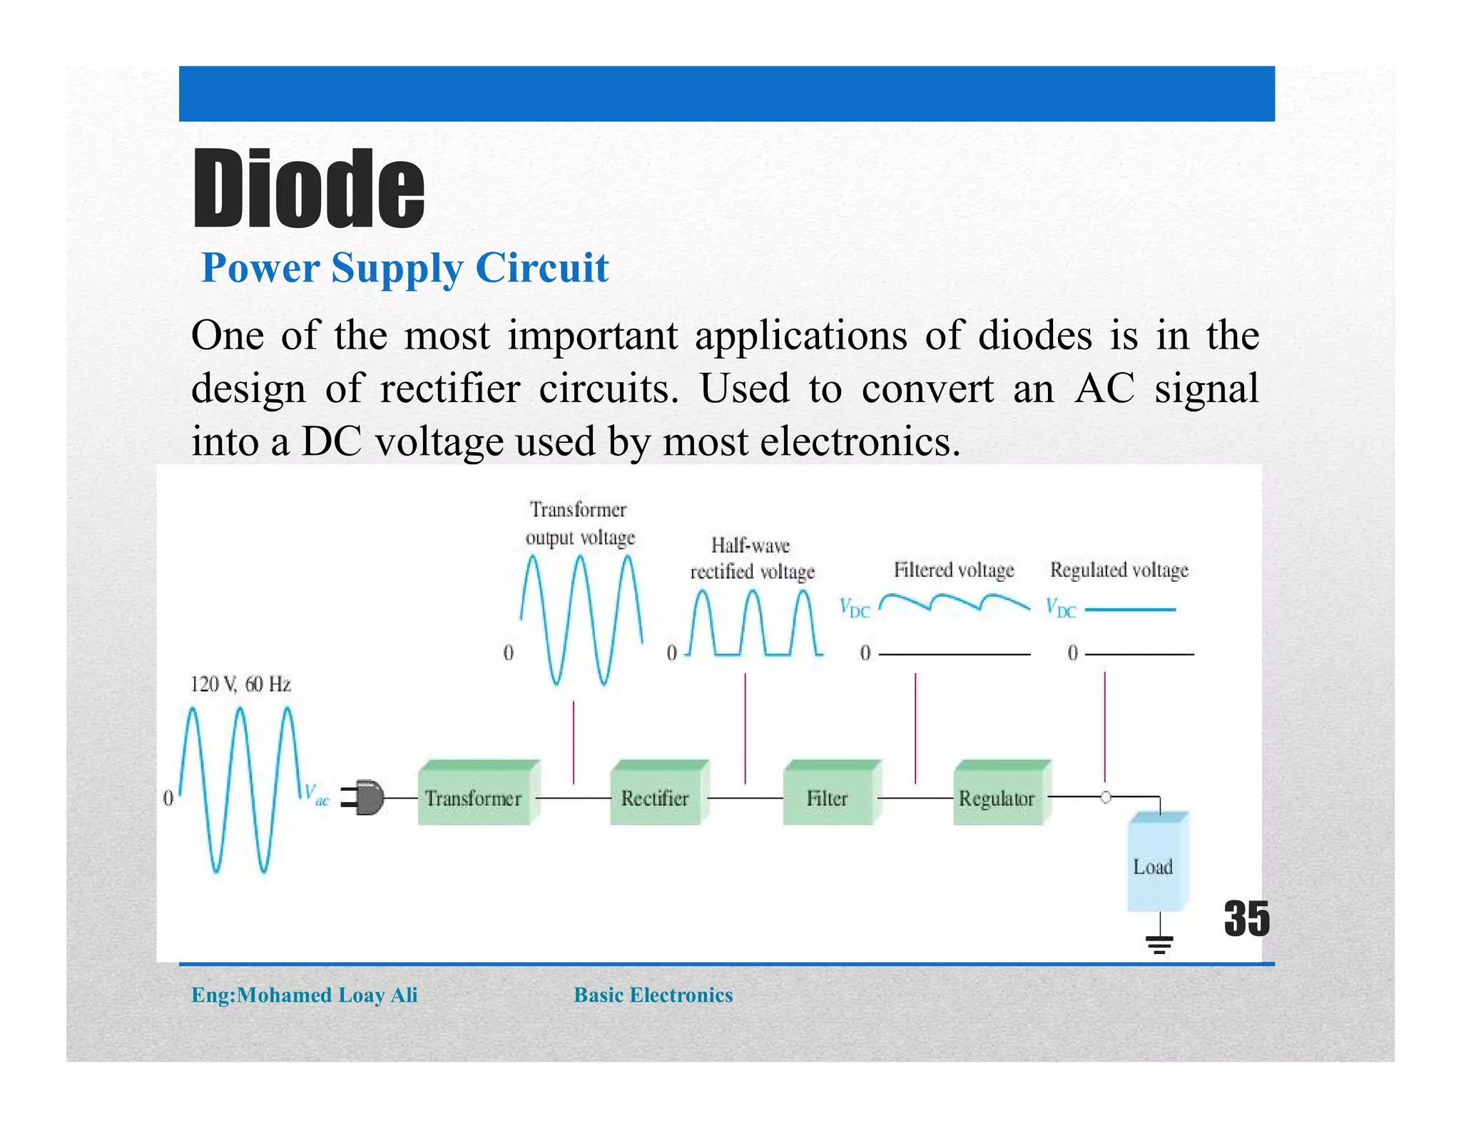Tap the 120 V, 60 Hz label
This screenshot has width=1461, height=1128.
pyautogui.click(x=240, y=685)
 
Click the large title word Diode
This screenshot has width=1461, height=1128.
pyautogui.click(x=308, y=189)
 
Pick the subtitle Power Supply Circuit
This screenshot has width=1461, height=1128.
pyautogui.click(x=404, y=269)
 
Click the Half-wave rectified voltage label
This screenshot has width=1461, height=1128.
pyautogui.click(x=752, y=558)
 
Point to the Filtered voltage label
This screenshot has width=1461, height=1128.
pyautogui.click(x=954, y=570)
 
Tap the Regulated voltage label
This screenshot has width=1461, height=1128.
pyautogui.click(x=1119, y=570)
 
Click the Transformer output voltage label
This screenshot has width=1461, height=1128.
pyautogui.click(x=579, y=523)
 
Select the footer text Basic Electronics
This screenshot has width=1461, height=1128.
pyautogui.click(x=653, y=995)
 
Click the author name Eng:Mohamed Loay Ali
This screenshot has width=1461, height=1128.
pyautogui.click(x=305, y=995)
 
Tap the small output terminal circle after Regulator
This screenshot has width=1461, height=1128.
pyautogui.click(x=1105, y=797)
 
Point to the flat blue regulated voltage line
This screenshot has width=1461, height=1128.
pyautogui.click(x=1130, y=610)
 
